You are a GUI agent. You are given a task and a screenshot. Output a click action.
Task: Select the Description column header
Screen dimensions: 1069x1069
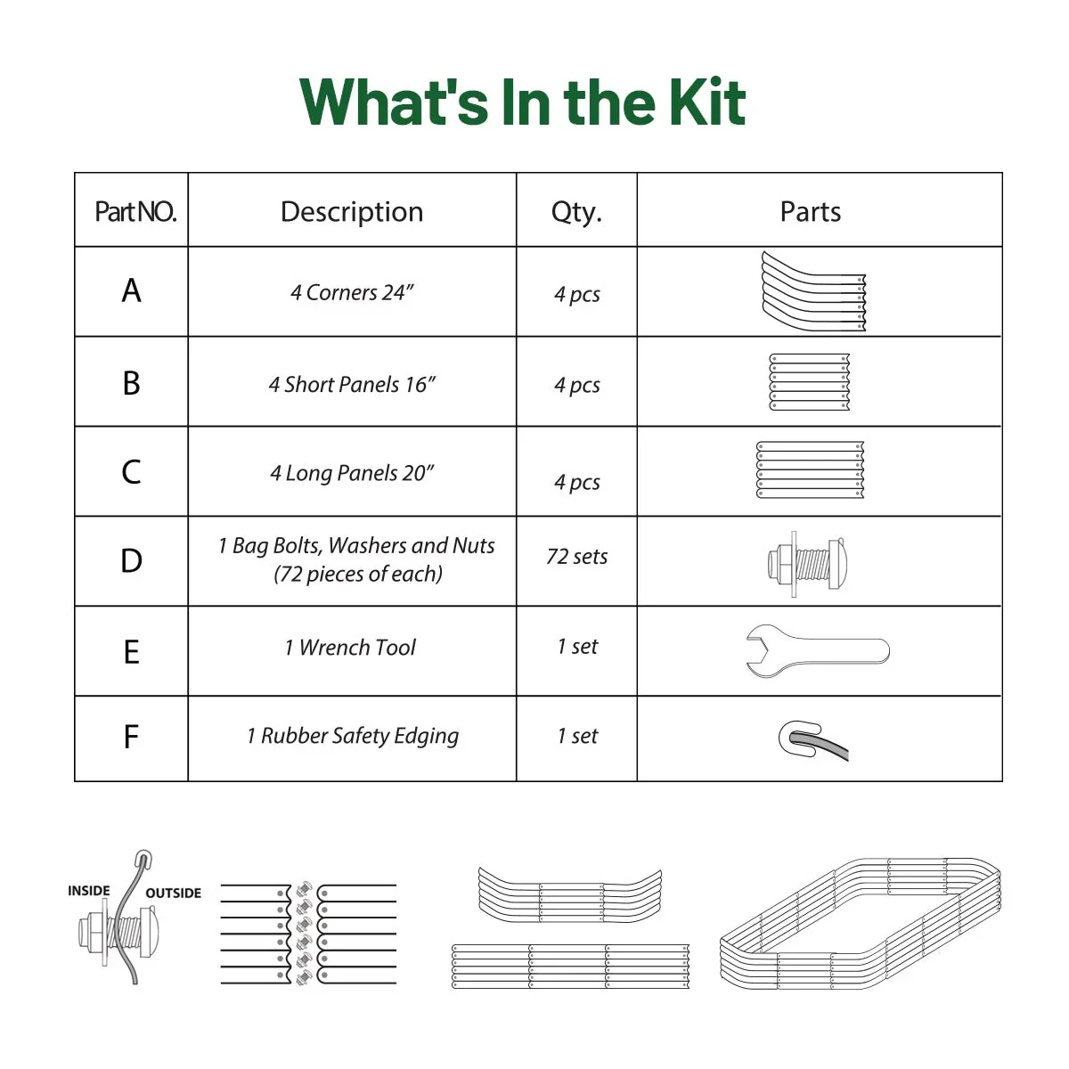tap(352, 212)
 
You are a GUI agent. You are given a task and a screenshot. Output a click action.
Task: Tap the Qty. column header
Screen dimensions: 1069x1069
tap(576, 212)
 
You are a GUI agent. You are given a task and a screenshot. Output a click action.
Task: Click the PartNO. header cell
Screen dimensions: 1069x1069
tap(135, 212)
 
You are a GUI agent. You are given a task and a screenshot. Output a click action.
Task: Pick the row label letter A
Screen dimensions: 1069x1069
tap(131, 291)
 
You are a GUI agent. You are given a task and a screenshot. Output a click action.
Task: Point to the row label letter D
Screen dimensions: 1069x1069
tap(131, 561)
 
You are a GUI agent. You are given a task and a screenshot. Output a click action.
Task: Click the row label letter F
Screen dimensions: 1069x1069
tap(131, 738)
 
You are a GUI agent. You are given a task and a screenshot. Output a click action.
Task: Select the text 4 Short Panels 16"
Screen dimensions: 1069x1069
tap(352, 385)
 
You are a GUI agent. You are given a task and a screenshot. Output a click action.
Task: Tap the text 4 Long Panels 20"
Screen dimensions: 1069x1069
tap(352, 473)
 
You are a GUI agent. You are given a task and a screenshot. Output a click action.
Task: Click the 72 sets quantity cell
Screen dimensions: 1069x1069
tap(576, 557)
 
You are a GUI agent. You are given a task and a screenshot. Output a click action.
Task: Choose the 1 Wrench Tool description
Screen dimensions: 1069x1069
tap(350, 648)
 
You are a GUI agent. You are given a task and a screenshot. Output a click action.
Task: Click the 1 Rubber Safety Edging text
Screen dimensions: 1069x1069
tap(353, 737)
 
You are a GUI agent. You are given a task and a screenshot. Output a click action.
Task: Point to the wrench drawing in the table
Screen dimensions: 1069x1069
tap(817, 650)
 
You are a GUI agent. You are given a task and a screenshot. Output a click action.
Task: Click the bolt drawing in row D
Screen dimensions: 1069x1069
tap(807, 563)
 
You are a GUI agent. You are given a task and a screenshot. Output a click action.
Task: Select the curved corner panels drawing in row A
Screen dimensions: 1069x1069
tap(812, 291)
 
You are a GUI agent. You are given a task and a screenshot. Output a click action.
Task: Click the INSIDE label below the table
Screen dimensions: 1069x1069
tap(89, 891)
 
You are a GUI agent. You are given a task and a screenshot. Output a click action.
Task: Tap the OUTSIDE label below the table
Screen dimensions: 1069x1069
tap(173, 894)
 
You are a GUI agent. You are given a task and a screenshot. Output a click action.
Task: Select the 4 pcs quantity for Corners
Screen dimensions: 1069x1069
tap(576, 294)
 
